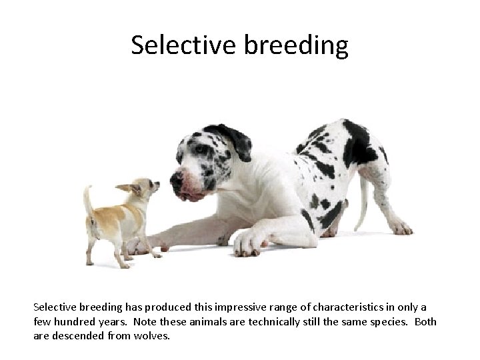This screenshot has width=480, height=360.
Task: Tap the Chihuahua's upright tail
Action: pyautogui.click(x=87, y=199)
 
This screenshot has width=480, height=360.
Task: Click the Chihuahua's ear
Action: pyautogui.click(x=127, y=189)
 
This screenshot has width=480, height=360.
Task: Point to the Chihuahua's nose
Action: pyautogui.click(x=159, y=184)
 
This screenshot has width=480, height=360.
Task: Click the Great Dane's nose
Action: pyautogui.click(x=177, y=179)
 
